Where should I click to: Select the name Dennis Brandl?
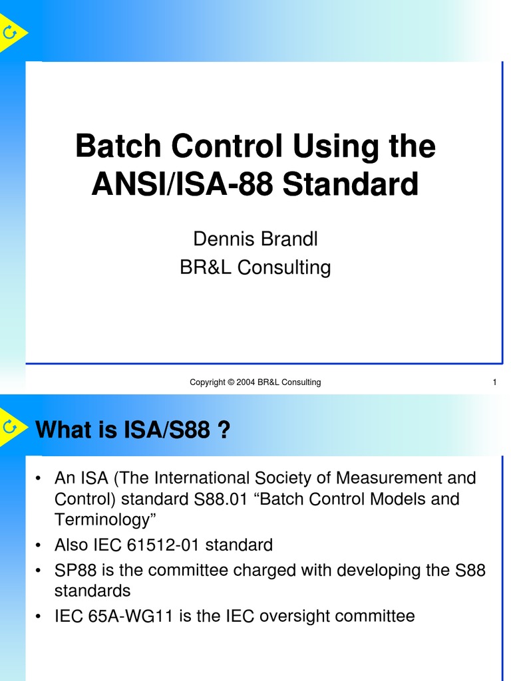pyautogui.click(x=255, y=239)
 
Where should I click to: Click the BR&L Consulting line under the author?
pyautogui.click(x=255, y=267)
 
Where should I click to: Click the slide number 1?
pyautogui.click(x=494, y=382)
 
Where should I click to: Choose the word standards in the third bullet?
pyautogui.click(x=92, y=591)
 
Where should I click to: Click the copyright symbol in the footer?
pyautogui.click(x=231, y=382)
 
